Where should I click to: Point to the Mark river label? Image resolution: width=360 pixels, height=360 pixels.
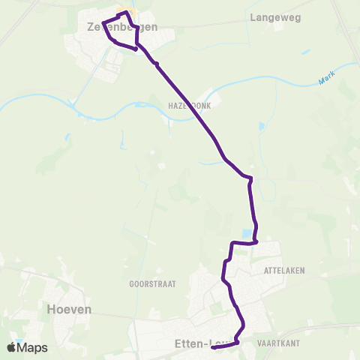[325, 78]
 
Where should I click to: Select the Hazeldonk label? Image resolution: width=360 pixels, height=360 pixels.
[190, 106]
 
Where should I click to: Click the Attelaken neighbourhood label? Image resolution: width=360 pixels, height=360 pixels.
[284, 270]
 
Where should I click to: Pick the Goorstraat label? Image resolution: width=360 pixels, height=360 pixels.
[147, 285]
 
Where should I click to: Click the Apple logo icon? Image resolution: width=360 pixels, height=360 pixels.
[12, 347]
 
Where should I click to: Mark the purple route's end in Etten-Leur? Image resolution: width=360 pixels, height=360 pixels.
[213, 347]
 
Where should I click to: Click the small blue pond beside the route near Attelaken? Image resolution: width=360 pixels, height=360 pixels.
[247, 234]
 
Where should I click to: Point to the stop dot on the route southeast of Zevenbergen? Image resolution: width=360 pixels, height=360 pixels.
[157, 64]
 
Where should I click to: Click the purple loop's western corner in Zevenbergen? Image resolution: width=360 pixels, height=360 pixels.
[103, 22]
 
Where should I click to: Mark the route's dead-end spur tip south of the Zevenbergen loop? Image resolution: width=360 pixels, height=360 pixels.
[135, 49]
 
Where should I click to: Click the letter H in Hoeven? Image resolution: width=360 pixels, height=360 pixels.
[51, 308]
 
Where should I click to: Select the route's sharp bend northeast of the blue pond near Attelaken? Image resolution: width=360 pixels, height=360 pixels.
[250, 178]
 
